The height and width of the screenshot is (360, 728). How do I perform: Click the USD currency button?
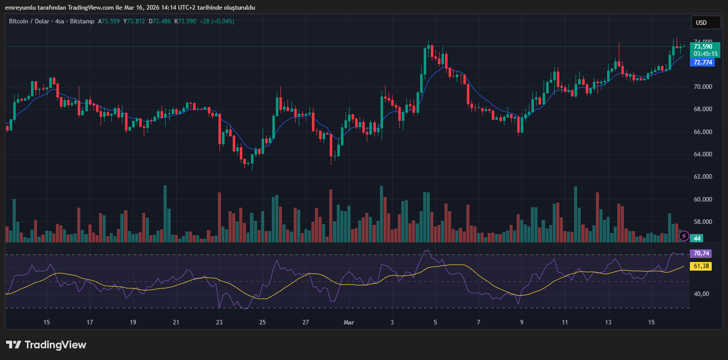coord(706,22)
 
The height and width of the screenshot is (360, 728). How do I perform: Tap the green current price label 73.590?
coord(703,46)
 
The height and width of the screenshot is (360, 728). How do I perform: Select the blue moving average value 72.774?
coord(703,62)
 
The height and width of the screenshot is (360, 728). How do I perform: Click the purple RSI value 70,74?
coord(701,253)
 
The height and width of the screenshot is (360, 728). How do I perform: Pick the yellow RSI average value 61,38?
coord(701,266)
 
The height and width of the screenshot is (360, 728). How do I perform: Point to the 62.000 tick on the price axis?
coord(703,177)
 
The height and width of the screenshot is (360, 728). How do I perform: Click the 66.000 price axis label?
coord(703,132)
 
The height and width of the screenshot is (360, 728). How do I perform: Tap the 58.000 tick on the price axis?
coord(703,222)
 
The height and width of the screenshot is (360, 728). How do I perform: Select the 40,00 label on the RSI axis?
coord(701,294)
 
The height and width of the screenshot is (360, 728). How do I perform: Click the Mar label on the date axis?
coord(349,322)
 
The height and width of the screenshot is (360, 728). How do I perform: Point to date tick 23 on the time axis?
coord(219,322)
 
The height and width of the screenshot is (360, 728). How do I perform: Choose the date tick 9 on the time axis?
coord(522,322)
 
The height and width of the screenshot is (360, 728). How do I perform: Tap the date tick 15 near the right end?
coord(651,322)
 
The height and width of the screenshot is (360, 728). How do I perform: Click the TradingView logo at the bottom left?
coord(46,345)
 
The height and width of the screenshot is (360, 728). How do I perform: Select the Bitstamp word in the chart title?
coord(82,21)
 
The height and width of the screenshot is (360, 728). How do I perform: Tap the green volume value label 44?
coord(698,238)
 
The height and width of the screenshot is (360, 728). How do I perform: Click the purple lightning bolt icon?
coord(684,236)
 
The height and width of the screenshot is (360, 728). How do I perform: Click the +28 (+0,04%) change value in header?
coord(217,21)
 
